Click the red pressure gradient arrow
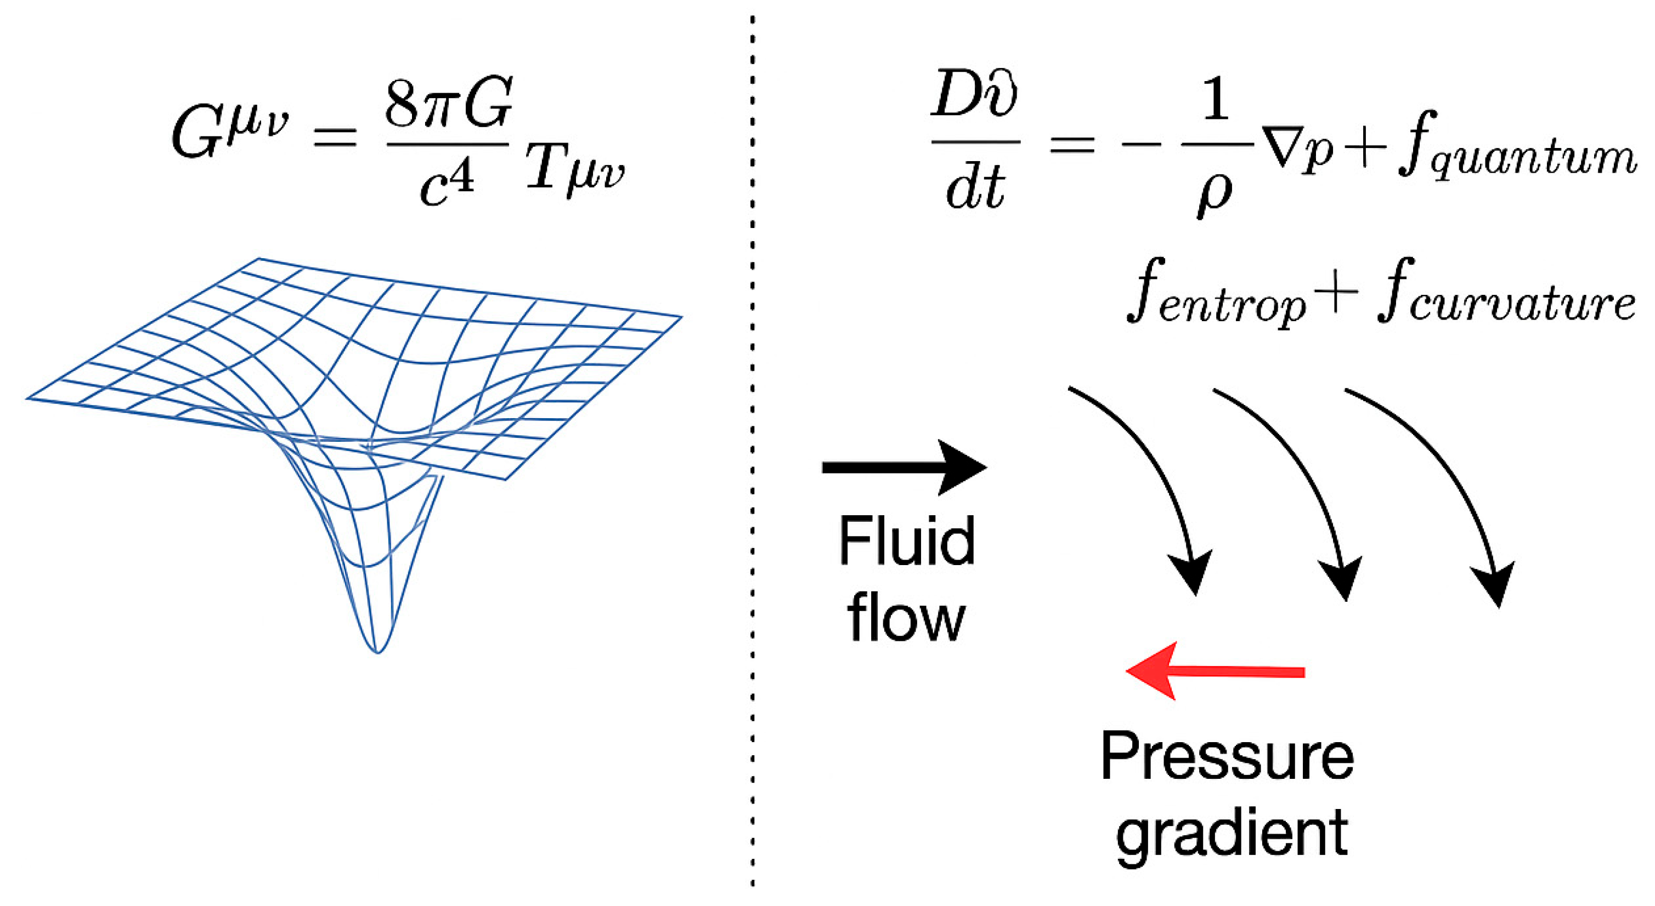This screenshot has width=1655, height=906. tap(1215, 671)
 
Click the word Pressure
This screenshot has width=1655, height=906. tap(1227, 757)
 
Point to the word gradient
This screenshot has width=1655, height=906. tap(1231, 835)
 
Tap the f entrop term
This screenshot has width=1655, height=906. tap(1215, 299)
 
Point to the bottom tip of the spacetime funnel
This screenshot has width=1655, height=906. tap(378, 651)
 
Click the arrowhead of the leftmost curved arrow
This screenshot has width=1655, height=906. tap(1192, 575)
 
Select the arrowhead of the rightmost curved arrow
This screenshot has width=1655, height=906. tap(1497, 584)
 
